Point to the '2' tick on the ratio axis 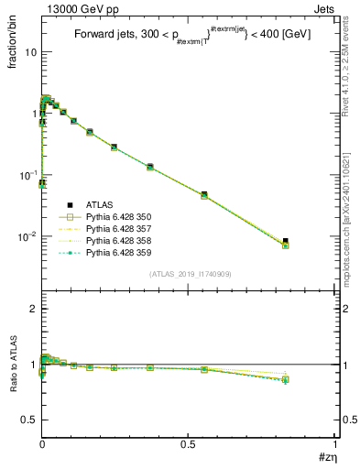[33, 310]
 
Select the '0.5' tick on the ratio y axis [28, 420]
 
